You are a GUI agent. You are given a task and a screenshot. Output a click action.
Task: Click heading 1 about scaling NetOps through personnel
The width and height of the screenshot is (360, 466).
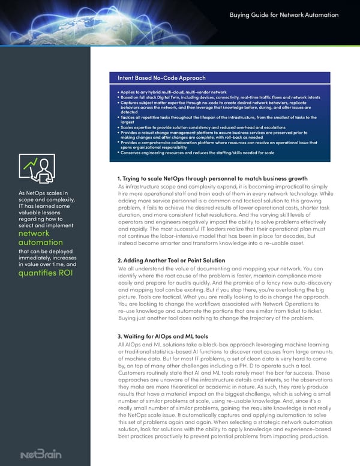click(213, 178)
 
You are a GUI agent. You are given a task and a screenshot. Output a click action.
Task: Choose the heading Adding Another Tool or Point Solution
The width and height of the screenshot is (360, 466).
click(172, 261)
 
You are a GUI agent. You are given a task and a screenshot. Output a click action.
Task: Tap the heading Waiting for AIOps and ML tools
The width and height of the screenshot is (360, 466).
click(163, 336)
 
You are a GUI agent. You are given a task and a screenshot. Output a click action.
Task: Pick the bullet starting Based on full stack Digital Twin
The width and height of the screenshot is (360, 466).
click(218, 96)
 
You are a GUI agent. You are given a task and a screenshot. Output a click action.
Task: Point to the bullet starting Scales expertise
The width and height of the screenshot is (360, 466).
click(204, 127)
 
